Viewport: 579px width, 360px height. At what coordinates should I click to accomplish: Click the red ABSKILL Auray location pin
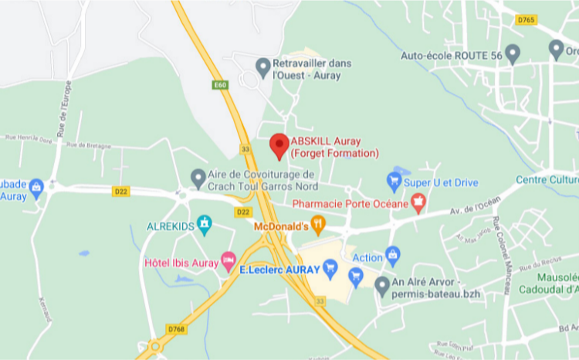point(279,144)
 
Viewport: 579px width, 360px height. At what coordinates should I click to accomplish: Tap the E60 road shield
point(222,84)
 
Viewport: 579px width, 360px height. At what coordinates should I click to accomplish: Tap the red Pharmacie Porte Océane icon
point(418,204)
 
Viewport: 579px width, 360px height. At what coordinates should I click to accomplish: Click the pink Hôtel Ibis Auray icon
point(228,260)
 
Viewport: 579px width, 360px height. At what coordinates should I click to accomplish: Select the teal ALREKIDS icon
point(204,226)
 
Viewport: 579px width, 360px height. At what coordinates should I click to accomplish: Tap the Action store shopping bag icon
point(393,255)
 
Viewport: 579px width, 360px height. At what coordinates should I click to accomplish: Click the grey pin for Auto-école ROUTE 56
point(512,54)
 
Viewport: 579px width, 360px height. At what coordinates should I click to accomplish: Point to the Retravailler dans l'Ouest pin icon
point(263,67)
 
